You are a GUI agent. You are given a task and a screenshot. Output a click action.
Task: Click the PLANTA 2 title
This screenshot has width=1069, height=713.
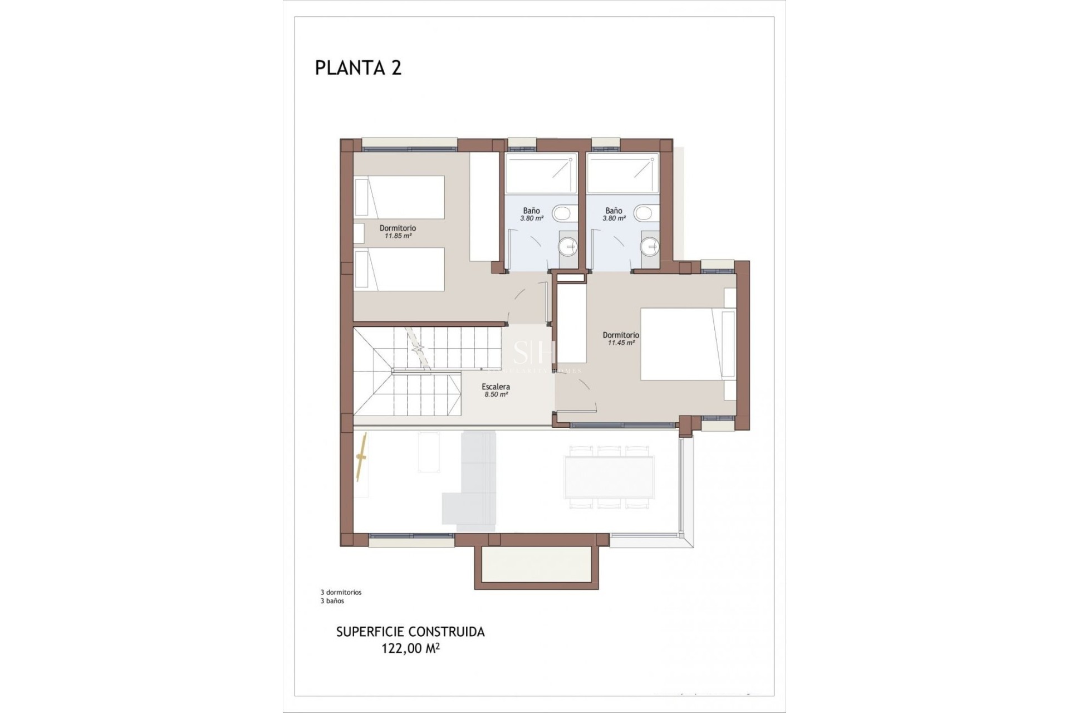(358, 68)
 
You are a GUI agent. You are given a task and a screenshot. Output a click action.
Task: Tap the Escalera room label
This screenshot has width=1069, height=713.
(496, 387)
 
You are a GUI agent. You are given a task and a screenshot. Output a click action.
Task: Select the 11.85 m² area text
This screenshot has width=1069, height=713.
(398, 236)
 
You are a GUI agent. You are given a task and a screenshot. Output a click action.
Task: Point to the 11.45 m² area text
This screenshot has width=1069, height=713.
(621, 343)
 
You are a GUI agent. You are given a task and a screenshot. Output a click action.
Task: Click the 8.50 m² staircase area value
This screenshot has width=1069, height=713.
(496, 394)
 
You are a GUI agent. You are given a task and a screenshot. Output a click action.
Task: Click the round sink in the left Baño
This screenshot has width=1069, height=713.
(568, 245)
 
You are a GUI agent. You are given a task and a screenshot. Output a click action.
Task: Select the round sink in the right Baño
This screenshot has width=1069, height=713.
(650, 245)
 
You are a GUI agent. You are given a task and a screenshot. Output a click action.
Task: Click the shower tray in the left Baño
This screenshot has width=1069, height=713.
(541, 174)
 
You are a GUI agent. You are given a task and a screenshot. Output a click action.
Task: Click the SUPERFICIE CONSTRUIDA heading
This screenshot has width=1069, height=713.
(410, 632)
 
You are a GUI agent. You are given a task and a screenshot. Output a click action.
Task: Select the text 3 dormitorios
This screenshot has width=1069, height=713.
(341, 593)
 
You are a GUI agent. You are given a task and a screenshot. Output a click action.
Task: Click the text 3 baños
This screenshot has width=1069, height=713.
(332, 601)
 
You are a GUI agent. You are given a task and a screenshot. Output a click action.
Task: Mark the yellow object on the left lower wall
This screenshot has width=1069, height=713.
(362, 457)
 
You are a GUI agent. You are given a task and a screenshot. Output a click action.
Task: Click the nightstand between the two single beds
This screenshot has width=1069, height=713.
(359, 233)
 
